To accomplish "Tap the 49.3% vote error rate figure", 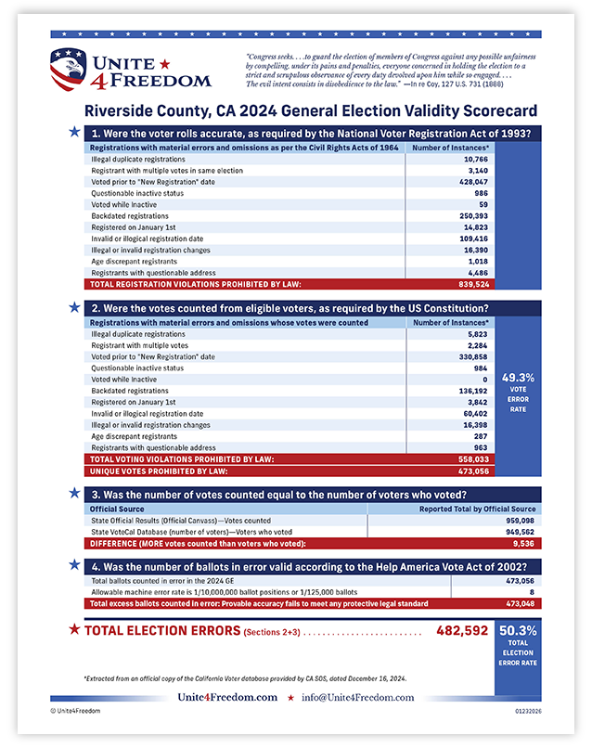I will coord(518,378).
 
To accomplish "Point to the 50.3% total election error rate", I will coord(518,629).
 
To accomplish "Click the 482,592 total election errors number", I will coord(462,631).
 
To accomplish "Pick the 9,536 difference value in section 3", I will coord(523,542).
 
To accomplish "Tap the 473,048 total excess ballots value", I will coord(517,603).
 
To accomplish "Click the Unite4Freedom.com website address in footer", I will coord(227,697).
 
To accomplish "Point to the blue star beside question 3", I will coord(73,494).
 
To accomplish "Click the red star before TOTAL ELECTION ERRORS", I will coord(73,630).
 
